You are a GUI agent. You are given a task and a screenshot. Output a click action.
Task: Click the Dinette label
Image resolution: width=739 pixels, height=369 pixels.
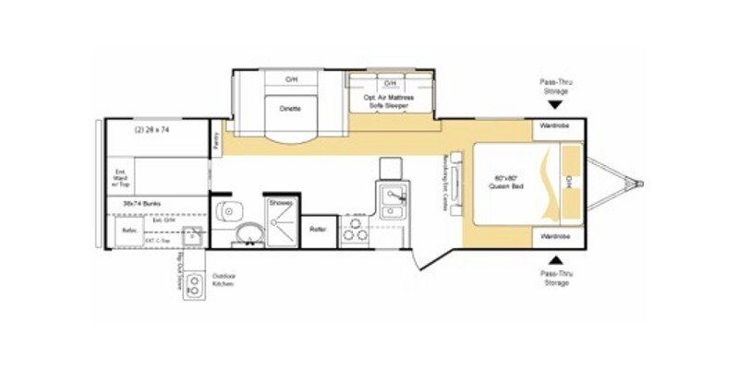pyautogui.click(x=290, y=108)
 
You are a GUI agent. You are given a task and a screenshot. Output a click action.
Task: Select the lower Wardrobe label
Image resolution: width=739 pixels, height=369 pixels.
pyautogui.click(x=554, y=237)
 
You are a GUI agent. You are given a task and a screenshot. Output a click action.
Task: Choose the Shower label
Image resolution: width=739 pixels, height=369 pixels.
pyautogui.click(x=280, y=201)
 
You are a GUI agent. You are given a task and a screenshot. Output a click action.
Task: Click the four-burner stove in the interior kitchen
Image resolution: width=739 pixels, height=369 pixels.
pyautogui.click(x=355, y=231)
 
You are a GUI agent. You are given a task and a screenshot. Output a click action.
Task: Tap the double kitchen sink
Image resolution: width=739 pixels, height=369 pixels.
pyautogui.click(x=391, y=196)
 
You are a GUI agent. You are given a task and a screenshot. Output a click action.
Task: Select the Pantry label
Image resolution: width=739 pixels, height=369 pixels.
pyautogui.click(x=216, y=141)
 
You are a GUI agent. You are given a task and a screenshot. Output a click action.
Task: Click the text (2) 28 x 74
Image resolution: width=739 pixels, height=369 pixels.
pyautogui.click(x=151, y=130)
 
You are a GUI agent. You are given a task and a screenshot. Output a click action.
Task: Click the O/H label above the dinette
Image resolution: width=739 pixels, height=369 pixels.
pyautogui.click(x=290, y=80)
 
